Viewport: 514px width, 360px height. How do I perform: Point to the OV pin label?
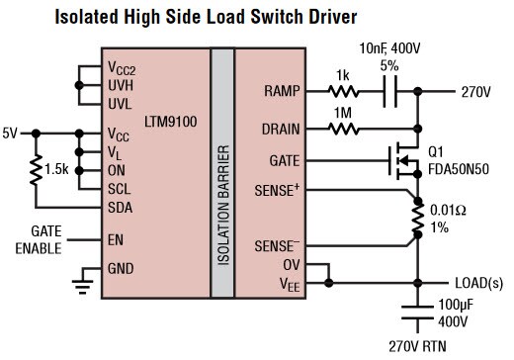pyautogui.click(x=291, y=264)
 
